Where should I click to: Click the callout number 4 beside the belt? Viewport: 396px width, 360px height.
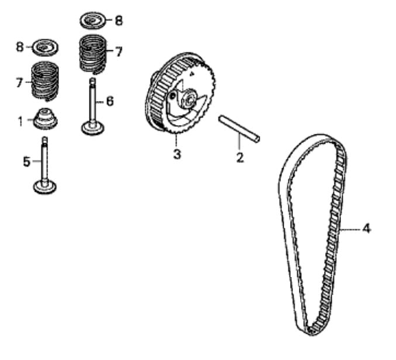pos(366,229)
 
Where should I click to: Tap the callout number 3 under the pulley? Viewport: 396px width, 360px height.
pos(177,154)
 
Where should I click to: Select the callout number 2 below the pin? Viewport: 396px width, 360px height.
pos(240,157)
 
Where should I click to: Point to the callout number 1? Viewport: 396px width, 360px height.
pos(20,122)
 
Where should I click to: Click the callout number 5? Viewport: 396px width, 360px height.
pos(26,161)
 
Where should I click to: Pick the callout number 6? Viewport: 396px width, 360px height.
pos(110,101)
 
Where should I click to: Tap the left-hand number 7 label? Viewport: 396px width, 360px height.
pos(19,82)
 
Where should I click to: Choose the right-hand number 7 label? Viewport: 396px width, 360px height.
pos(119,51)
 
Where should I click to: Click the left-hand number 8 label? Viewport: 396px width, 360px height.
pos(20,47)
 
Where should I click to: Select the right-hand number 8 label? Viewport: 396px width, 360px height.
pos(119,20)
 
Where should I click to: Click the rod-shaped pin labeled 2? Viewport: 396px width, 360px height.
pos(239,129)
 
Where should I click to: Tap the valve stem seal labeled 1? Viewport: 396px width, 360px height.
pos(46,119)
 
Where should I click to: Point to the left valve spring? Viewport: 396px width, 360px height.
pos(45,81)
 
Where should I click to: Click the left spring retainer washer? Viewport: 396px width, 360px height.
pos(46,47)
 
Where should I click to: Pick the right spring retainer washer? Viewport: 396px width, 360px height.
pos(93,20)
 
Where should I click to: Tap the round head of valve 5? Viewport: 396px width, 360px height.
pos(45,187)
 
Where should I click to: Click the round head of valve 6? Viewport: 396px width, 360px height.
pos(93,128)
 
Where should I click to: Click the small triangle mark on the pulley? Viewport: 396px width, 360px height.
pos(192,74)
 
